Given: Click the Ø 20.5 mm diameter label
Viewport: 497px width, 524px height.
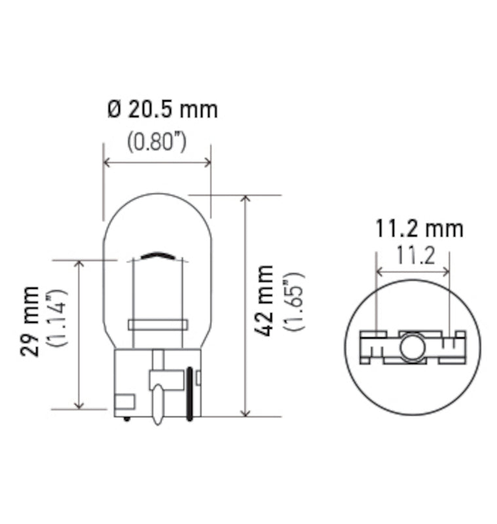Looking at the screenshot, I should (x=162, y=109).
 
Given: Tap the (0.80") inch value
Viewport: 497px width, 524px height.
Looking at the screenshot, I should (x=156, y=141).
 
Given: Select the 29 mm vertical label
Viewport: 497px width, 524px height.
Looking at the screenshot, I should (x=29, y=321).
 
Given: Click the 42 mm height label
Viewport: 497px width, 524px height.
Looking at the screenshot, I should (x=265, y=301).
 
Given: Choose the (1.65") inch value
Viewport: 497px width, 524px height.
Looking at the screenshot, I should (x=295, y=301).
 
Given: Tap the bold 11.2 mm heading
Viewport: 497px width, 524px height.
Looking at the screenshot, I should (x=419, y=229).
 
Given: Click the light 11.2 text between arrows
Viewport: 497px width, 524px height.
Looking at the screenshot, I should (x=414, y=255).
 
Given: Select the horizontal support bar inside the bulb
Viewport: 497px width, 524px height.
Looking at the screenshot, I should (x=158, y=324).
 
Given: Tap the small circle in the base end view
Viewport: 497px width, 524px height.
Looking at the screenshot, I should (x=412, y=348).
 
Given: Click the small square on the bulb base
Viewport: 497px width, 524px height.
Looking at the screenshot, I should (x=124, y=402).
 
